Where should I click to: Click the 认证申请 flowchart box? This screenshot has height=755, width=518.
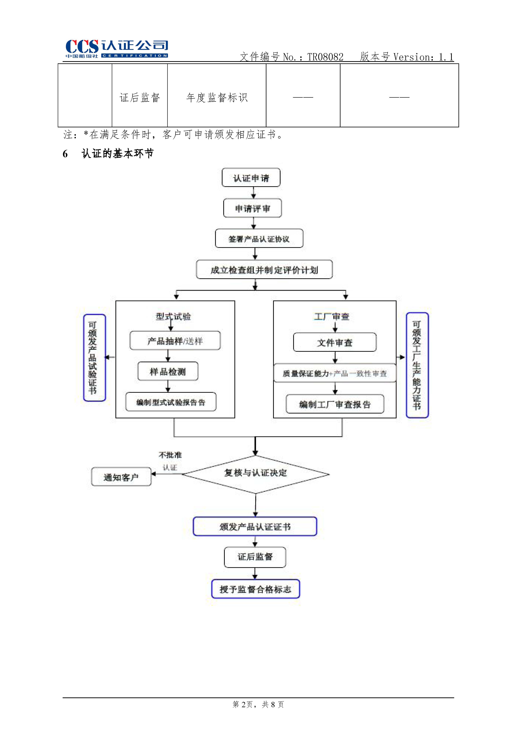(251, 178)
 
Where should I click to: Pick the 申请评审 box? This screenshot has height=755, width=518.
(252, 208)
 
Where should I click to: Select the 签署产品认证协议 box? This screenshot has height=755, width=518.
(259, 239)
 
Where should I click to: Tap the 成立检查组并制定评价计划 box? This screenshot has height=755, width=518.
(264, 270)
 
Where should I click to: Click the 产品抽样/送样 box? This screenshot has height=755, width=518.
(175, 341)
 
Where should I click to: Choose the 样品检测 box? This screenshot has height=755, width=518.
(168, 371)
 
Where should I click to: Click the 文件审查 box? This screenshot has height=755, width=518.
(335, 342)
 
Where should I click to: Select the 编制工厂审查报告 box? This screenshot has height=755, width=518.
(335, 404)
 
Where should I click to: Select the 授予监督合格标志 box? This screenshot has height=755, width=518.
(255, 589)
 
